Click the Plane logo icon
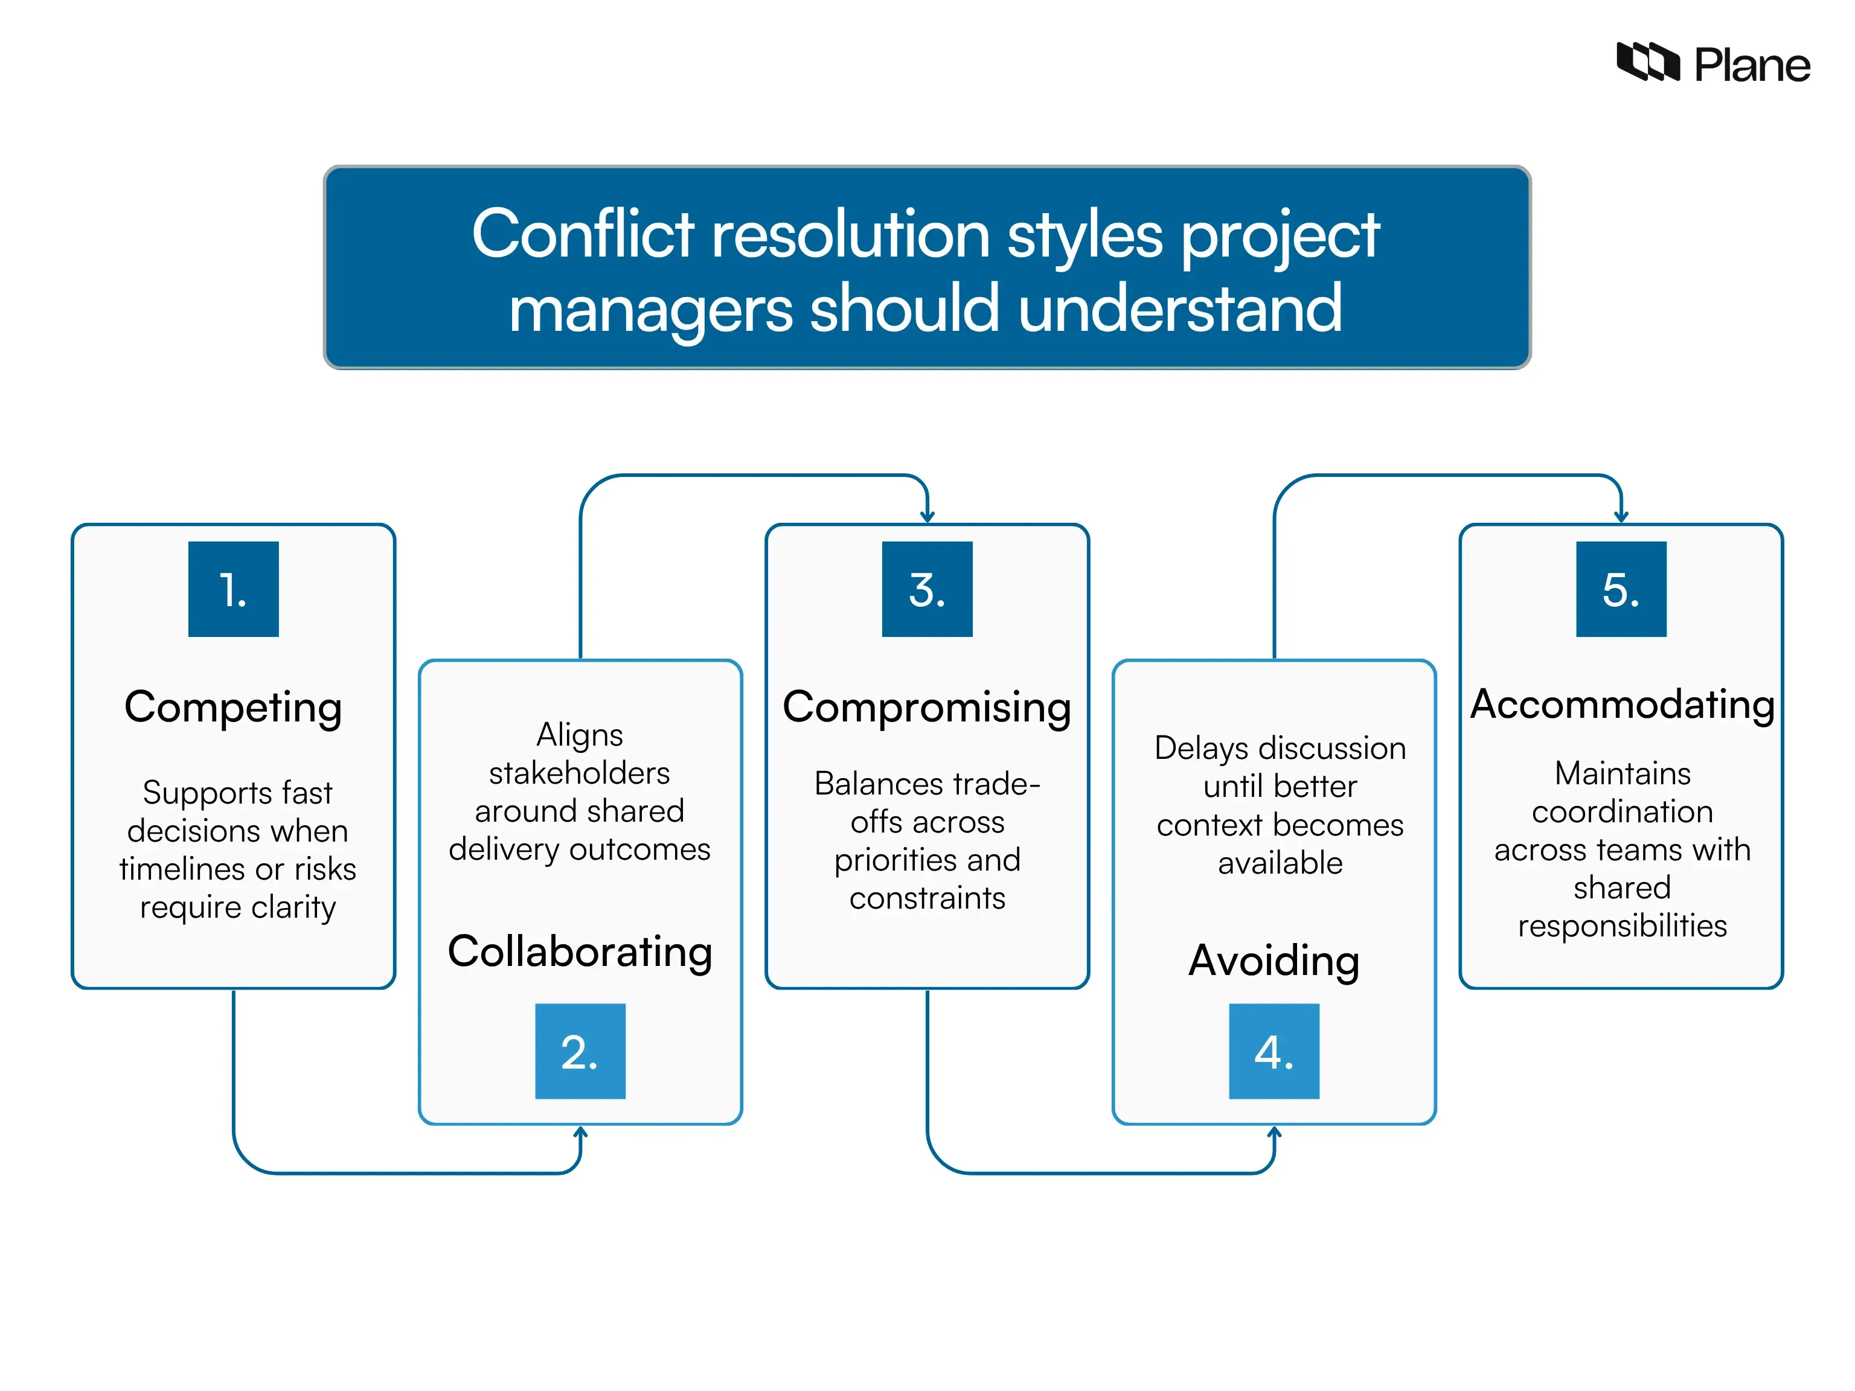point(1647,62)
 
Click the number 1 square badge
point(233,589)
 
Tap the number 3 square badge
point(927,589)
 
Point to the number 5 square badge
point(1621,589)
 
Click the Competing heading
point(233,707)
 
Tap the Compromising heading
point(927,707)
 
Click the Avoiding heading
point(1274,961)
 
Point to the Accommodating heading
point(1622,705)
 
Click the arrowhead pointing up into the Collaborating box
point(580,1133)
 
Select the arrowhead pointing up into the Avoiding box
point(1274,1133)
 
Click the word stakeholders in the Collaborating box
point(580,772)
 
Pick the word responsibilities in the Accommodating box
point(1622,926)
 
